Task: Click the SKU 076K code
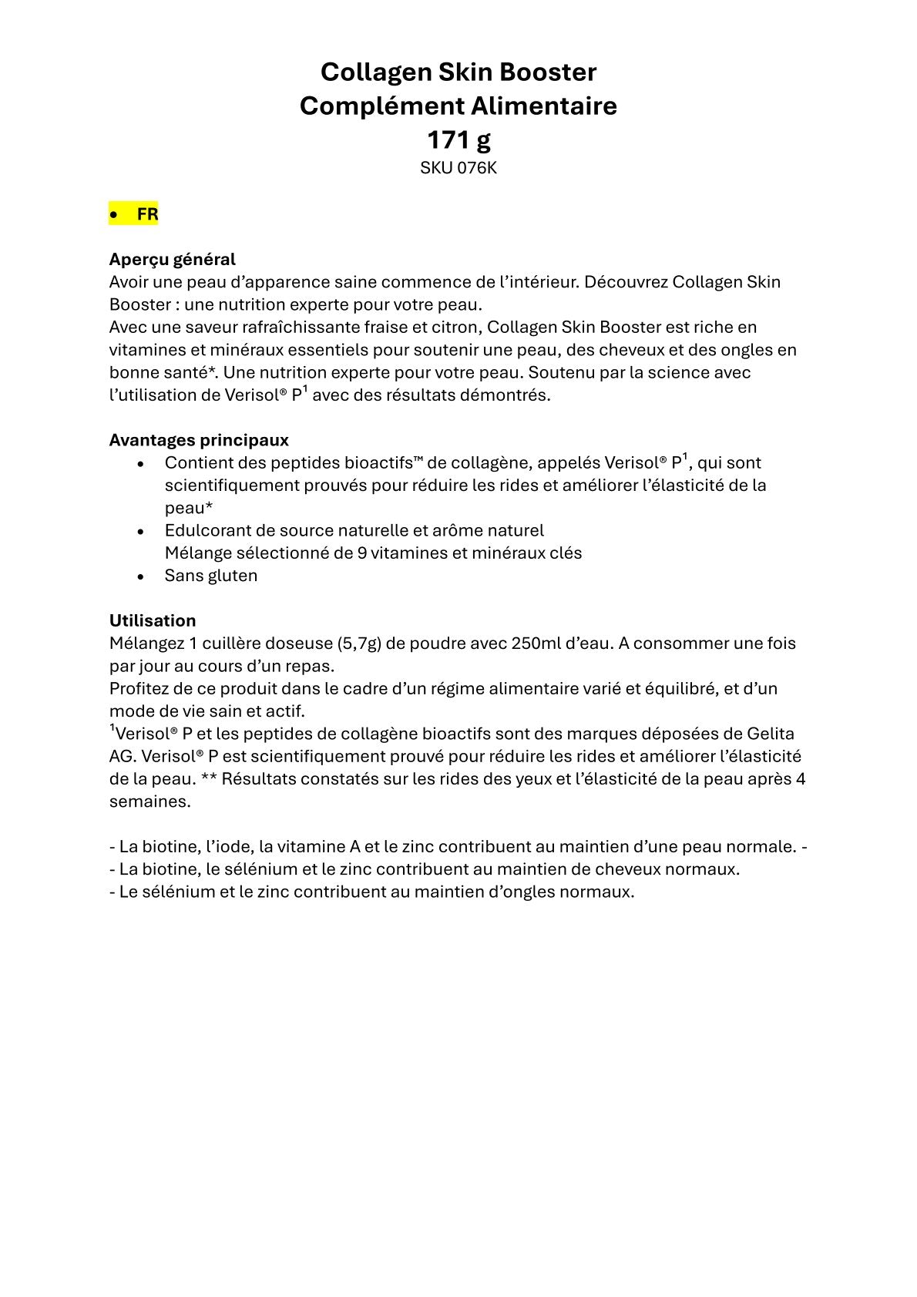[458, 168]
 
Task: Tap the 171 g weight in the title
[458, 139]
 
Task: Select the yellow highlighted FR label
[147, 214]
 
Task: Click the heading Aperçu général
[172, 260]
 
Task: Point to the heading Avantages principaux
[199, 440]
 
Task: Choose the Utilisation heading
[153, 620]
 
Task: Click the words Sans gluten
[211, 576]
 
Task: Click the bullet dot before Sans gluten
[140, 576]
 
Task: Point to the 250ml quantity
[536, 643]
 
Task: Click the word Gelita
[771, 734]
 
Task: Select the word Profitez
[140, 688]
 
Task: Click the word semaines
[149, 801]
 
